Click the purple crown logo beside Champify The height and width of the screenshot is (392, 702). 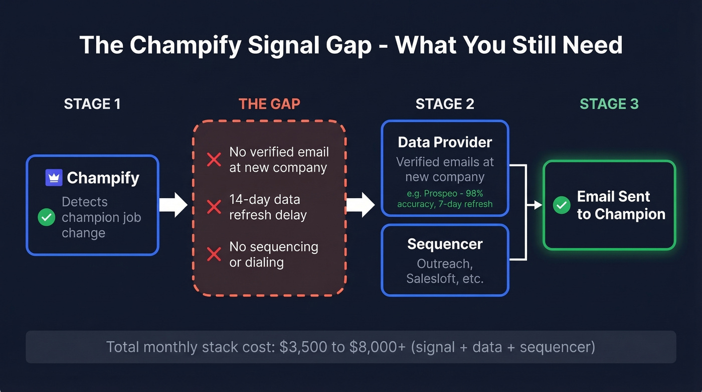click(x=54, y=178)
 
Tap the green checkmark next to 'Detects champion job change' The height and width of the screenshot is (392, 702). click(x=47, y=217)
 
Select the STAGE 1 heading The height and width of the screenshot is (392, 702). click(x=92, y=104)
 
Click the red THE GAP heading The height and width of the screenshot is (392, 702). click(x=269, y=104)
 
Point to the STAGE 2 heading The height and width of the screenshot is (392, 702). click(x=445, y=104)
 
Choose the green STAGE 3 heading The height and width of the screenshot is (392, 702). click(x=609, y=104)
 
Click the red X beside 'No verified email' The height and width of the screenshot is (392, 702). click(x=214, y=160)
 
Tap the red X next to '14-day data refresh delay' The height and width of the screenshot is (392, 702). click(x=214, y=207)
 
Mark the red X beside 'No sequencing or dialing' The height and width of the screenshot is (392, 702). click(x=214, y=254)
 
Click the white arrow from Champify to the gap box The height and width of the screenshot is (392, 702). click(x=173, y=205)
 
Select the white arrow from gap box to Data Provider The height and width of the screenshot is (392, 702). click(x=360, y=205)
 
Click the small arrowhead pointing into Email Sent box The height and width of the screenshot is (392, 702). click(x=538, y=205)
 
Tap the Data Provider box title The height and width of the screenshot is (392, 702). click(x=445, y=142)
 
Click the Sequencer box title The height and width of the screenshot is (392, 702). click(x=445, y=244)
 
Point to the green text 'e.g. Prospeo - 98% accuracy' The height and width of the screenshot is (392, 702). click(x=445, y=199)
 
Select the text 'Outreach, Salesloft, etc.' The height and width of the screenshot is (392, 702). click(x=445, y=271)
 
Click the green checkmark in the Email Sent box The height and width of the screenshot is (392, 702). click(x=561, y=205)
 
